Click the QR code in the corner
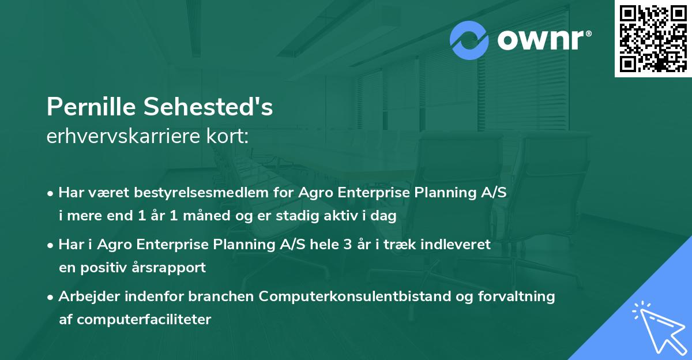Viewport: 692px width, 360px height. click(653, 38)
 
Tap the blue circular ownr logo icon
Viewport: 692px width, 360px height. click(469, 40)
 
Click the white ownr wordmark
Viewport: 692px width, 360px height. click(544, 40)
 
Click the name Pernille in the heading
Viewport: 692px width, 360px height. click(91, 107)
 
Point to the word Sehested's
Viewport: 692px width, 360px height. click(208, 107)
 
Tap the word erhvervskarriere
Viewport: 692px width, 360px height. click(123, 136)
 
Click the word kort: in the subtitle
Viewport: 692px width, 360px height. click(227, 136)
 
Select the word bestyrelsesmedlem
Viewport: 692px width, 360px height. click(201, 193)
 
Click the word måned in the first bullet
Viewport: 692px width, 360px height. click(206, 215)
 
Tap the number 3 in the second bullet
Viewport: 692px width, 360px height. click(348, 245)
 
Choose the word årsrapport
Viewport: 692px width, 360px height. click(168, 268)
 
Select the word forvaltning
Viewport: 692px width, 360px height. click(517, 297)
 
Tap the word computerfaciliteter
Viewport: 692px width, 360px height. click(144, 319)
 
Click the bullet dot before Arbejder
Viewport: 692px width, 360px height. click(50, 298)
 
